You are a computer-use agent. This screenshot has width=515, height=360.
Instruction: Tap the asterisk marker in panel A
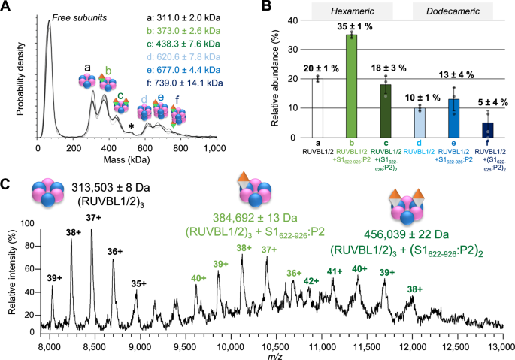click(132, 126)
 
